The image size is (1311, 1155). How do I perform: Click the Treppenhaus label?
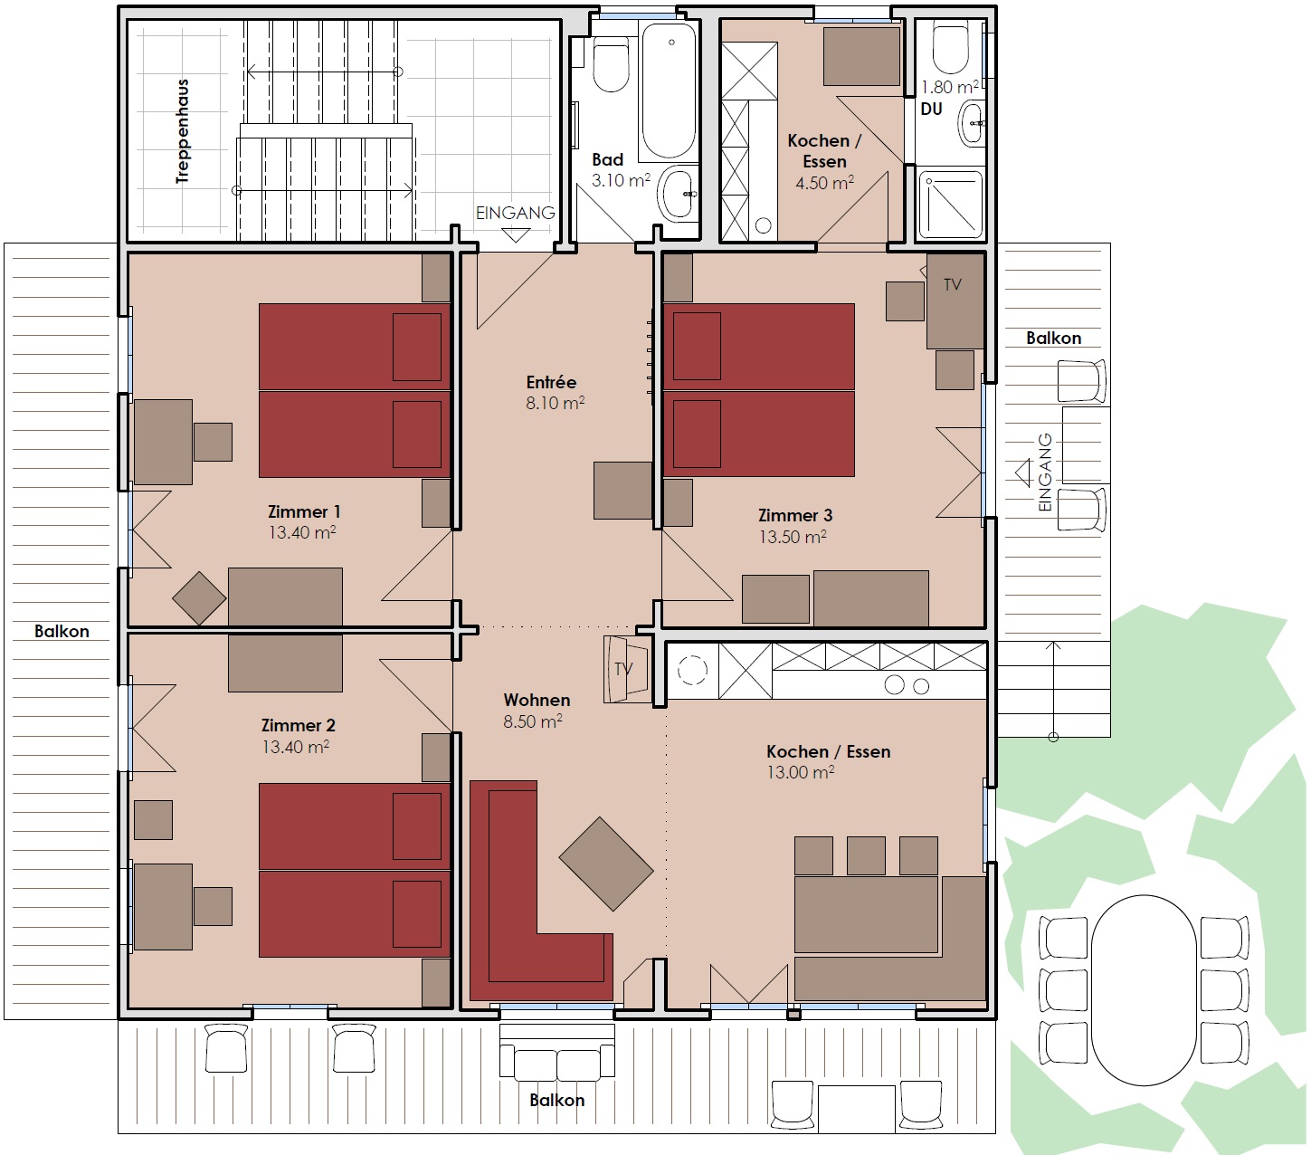(183, 131)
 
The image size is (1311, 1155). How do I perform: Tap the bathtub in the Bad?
(669, 91)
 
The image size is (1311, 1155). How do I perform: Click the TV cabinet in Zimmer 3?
(955, 301)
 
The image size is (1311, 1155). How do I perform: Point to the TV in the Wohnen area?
(626, 670)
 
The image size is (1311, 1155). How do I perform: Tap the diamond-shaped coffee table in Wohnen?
(606, 864)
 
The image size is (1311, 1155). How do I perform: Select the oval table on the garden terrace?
(1144, 990)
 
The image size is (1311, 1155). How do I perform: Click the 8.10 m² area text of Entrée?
(556, 404)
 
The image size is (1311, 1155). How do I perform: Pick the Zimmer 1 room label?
(304, 511)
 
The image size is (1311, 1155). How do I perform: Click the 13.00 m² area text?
(801, 772)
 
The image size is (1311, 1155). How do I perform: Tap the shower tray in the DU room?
(951, 204)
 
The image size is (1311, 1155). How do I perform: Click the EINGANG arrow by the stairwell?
(516, 235)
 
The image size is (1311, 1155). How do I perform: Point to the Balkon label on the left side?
(62, 631)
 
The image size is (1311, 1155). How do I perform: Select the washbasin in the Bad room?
(678, 193)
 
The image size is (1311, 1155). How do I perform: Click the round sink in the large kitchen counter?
(692, 671)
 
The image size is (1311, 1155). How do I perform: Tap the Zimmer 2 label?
(299, 725)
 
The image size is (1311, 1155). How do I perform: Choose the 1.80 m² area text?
(949, 87)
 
